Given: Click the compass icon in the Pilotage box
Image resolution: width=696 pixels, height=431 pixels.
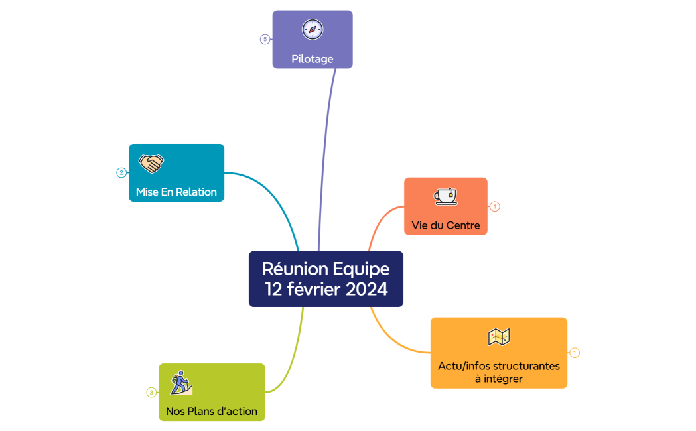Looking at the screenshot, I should (313, 29).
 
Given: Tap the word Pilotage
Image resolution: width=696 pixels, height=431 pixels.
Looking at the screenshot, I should (313, 59).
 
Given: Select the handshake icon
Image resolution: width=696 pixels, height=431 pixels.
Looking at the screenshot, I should (151, 163).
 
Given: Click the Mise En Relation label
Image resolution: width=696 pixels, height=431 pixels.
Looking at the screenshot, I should (176, 192).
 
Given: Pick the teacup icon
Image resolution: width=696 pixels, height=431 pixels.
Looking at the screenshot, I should (445, 196).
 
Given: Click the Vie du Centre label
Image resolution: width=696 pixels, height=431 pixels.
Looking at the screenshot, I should (446, 226).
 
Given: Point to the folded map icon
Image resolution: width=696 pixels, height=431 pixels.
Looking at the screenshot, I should (499, 337).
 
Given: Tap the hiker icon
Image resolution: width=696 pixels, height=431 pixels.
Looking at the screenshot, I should (180, 383).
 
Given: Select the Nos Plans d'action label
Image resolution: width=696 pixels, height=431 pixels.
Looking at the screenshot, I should (212, 412).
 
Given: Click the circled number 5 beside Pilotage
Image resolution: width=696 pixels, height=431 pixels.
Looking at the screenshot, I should (265, 40).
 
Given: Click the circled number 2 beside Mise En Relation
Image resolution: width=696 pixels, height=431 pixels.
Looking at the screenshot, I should (121, 173).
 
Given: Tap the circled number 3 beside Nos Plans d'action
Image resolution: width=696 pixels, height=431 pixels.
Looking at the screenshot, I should (151, 393).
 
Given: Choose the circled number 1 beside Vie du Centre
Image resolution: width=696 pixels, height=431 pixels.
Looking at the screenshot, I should (495, 207).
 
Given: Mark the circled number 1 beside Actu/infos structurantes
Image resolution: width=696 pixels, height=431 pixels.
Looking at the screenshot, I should (575, 353).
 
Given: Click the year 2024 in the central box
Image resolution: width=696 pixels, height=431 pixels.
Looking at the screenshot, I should (366, 290).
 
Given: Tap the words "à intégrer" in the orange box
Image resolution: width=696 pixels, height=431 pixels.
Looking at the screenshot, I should (499, 379).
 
